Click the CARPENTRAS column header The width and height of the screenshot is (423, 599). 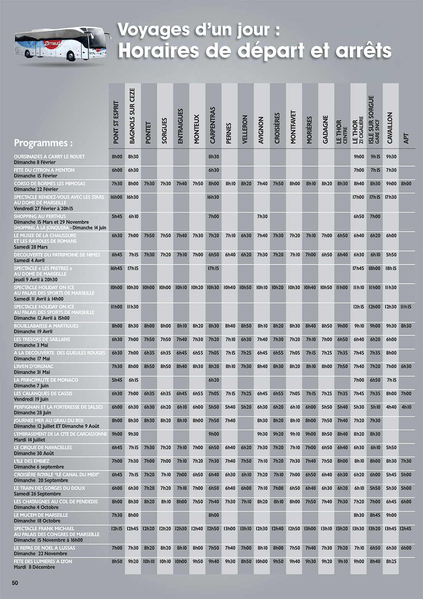(213, 125)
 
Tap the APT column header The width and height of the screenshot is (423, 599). (406, 139)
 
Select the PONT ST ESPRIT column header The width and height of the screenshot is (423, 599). (117, 122)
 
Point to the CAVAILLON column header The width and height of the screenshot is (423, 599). (390, 128)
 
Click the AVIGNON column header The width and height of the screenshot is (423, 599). (261, 131)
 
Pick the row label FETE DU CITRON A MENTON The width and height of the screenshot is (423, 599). (44, 170)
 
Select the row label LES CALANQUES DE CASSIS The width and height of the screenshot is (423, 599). (43, 393)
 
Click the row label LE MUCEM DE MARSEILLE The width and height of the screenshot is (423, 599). (41, 515)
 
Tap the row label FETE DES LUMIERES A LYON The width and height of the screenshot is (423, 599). (43, 561)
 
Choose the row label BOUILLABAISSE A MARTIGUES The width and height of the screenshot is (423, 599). (46, 326)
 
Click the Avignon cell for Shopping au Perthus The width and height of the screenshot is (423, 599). (262, 216)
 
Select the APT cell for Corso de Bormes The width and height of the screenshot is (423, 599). (406, 184)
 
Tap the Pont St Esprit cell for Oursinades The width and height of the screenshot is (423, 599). (117, 157)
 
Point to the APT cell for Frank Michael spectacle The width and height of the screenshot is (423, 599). (405, 529)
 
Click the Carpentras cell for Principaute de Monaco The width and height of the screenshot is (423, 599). (213, 380)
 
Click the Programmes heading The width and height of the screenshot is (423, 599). (43, 143)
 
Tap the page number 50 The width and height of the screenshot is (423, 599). (15, 583)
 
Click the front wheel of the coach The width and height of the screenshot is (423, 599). (71, 57)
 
